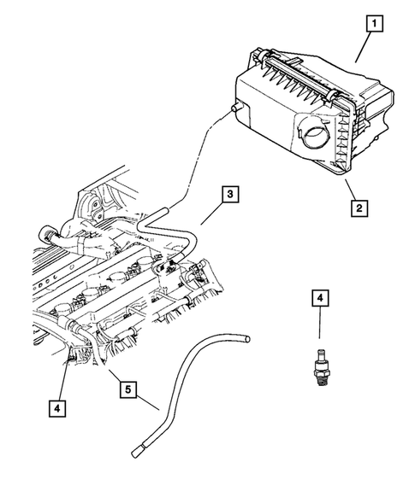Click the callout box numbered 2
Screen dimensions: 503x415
(x=360, y=207)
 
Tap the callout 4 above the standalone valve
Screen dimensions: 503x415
(x=319, y=298)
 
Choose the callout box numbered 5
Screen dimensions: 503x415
(x=127, y=390)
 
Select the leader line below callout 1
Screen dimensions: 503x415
(x=362, y=48)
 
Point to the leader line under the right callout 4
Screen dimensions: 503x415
(x=319, y=325)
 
